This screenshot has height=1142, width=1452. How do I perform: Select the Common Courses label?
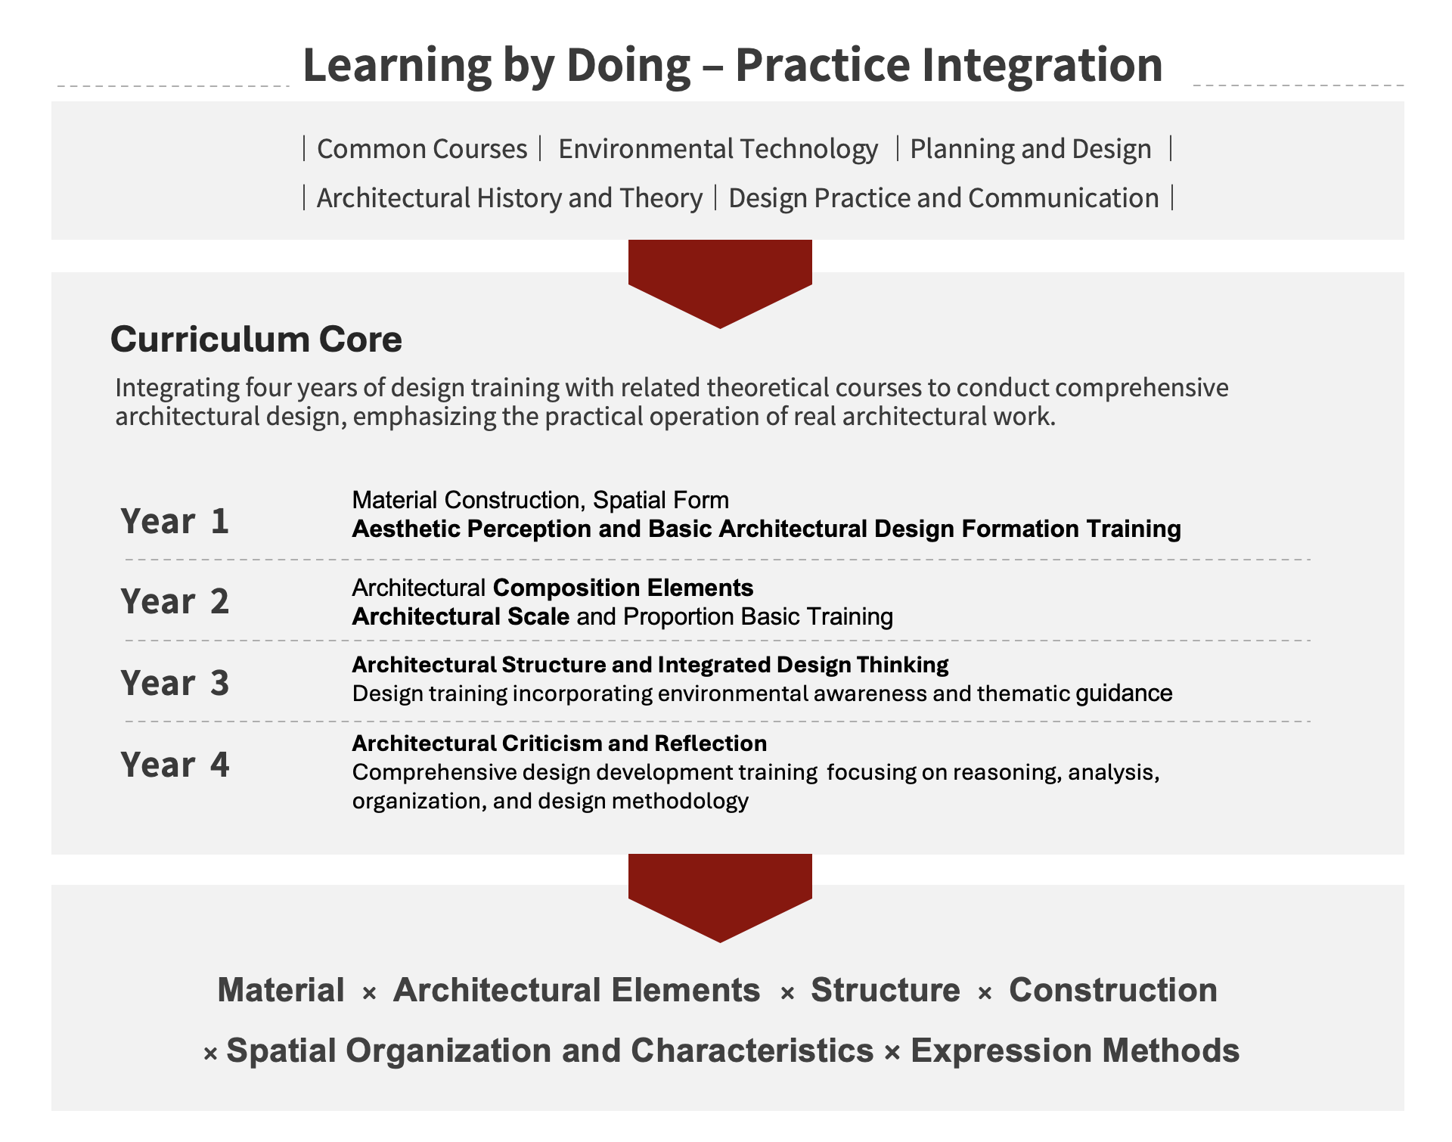pos(422,149)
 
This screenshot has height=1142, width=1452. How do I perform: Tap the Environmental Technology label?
pos(718,149)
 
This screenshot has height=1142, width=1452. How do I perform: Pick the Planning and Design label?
pos(1031,149)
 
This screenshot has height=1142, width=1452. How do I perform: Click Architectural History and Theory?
pos(510,198)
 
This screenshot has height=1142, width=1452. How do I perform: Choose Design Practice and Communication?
pos(944,198)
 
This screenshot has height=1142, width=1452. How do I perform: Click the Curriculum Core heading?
pos(256,339)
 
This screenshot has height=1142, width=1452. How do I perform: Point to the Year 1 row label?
pos(175,521)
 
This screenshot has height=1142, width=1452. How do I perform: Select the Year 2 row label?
pos(175,601)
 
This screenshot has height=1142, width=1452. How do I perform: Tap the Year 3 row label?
pos(175,683)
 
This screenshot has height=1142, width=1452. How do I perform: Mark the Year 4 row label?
pos(175,765)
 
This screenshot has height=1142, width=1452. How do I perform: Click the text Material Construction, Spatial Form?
pos(541,500)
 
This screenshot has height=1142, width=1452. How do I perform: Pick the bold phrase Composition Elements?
pos(623,588)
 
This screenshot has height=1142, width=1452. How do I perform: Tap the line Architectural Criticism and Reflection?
pos(560,743)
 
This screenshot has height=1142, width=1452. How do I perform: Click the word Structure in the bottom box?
pos(886,990)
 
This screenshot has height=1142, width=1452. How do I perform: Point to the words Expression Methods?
pos(1075,1050)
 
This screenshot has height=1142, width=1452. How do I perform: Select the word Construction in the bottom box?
pos(1113,990)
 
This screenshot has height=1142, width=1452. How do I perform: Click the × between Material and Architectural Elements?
pos(369,993)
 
